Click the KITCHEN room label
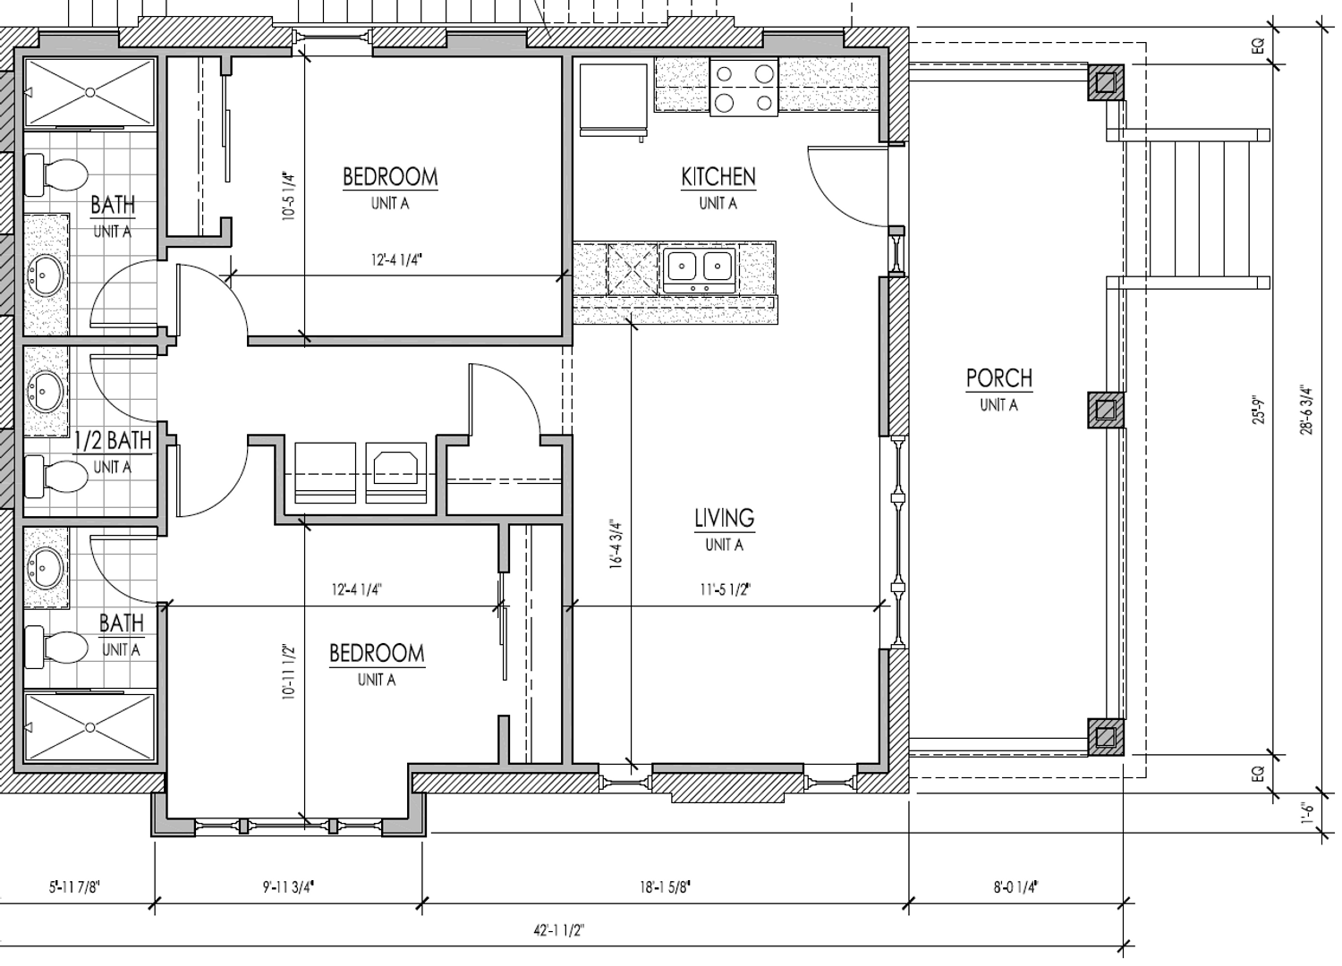point(718,177)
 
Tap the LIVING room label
point(725,518)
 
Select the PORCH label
point(998,378)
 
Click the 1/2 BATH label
point(114,441)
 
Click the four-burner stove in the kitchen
point(744,88)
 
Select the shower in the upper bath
point(89,92)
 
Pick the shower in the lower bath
point(89,728)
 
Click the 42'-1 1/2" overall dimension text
point(558,930)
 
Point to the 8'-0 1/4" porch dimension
point(1015,887)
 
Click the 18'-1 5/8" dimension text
point(665,887)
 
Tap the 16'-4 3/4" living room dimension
point(616,544)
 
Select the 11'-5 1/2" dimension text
point(725,590)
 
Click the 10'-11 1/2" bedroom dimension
point(288,672)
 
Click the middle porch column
point(1105,411)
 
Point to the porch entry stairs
point(1196,208)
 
